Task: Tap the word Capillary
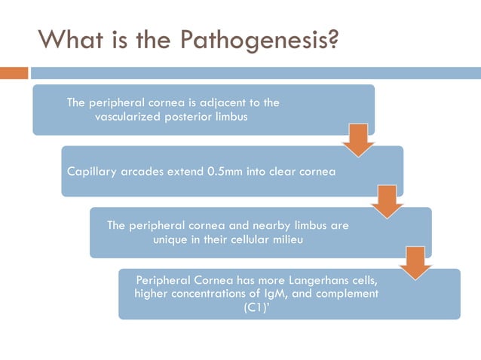coord(93,171)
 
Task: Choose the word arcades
coord(146,171)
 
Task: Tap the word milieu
coord(292,239)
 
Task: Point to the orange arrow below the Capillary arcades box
coord(388,201)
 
